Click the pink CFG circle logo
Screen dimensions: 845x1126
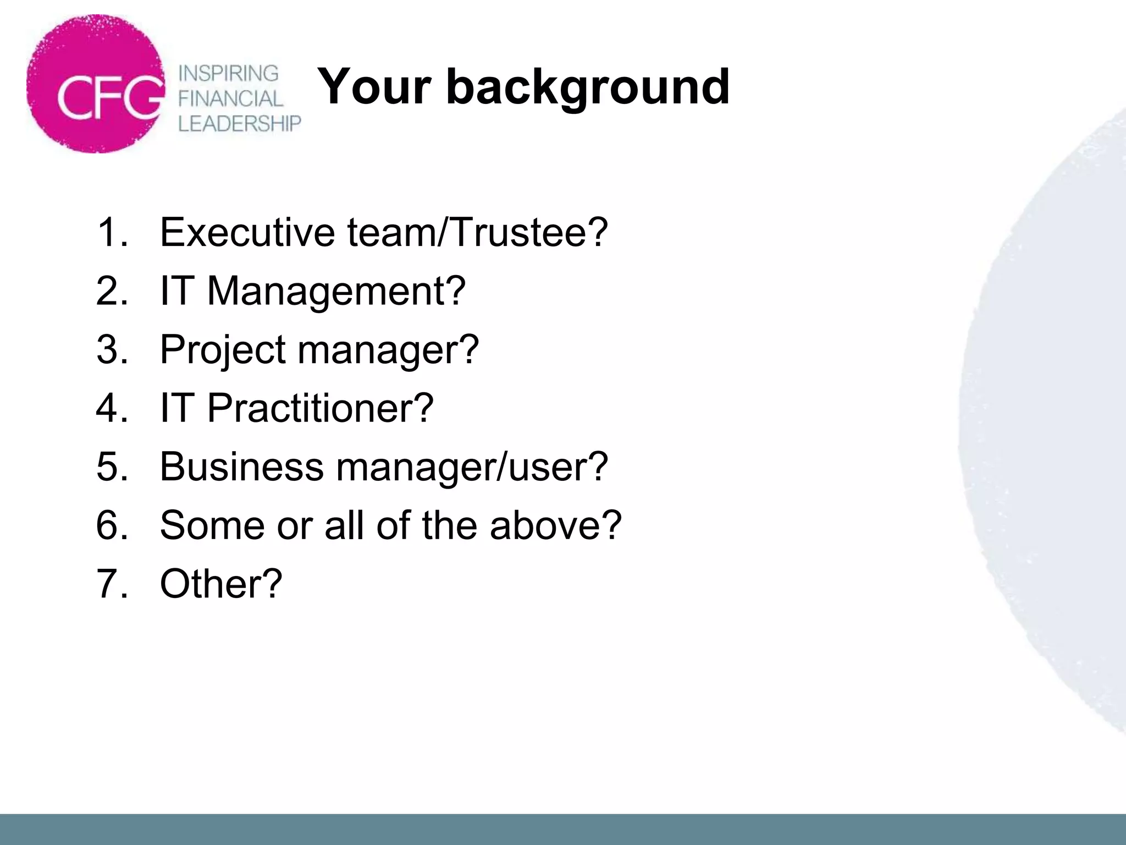coord(96,84)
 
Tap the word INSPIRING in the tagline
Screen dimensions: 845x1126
coord(229,73)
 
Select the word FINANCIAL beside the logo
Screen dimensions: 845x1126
coord(230,98)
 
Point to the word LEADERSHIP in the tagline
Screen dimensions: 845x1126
coord(240,124)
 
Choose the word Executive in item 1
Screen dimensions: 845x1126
coord(247,232)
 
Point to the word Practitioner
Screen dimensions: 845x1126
coord(321,408)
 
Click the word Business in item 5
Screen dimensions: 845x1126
coord(241,467)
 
